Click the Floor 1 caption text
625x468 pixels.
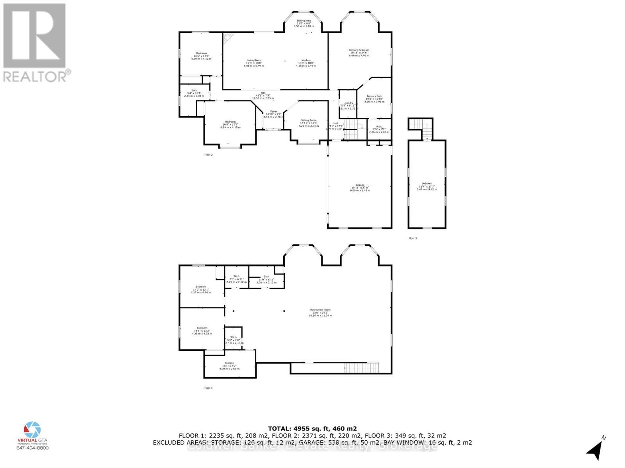208,388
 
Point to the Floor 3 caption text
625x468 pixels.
412,238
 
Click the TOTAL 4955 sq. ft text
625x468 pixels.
312,428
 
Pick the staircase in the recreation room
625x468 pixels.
361,367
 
